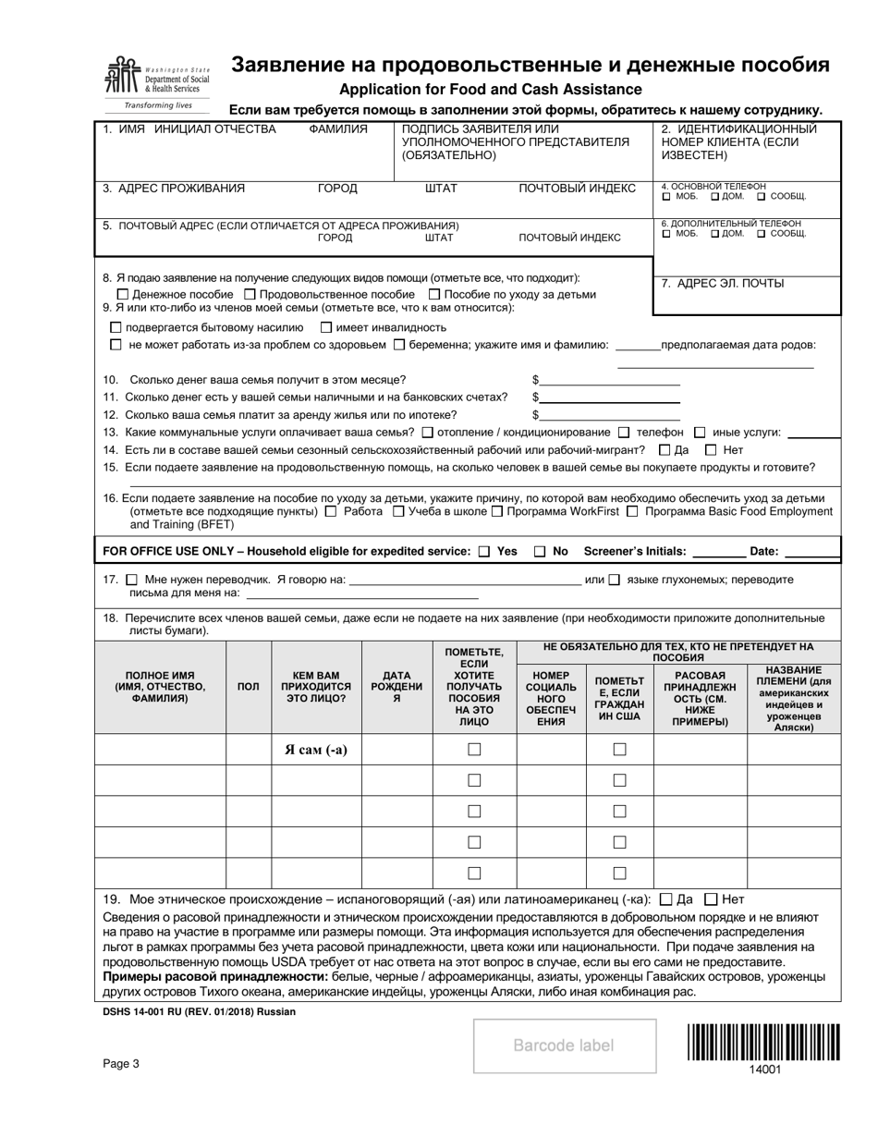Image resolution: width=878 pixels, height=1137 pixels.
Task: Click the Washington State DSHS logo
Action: pos(157,81)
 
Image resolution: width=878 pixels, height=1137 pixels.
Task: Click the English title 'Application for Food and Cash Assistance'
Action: pos(490,90)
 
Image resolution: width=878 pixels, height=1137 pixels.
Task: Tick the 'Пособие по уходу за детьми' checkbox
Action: pos(434,294)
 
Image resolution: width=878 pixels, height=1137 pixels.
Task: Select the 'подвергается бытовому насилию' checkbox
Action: pos(116,327)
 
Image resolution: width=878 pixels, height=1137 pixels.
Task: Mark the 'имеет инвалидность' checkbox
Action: pos(326,327)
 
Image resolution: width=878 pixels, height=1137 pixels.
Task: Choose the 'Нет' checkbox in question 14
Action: pos(711,450)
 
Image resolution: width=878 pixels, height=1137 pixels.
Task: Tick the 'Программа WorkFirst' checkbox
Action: pos(497,511)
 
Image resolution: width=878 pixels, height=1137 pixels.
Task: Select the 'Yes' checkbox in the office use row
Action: pos(484,552)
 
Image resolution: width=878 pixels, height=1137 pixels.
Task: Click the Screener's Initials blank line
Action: pos(718,552)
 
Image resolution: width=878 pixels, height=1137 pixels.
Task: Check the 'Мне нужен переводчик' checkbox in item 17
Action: pos(130,580)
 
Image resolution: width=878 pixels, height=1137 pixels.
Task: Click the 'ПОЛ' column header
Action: pos(249,687)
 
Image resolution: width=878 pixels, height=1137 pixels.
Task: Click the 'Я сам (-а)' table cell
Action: pos(315,750)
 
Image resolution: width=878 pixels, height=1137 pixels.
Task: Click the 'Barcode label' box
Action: pos(565,1045)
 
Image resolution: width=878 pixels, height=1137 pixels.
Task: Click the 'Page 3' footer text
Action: pos(121,1063)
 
